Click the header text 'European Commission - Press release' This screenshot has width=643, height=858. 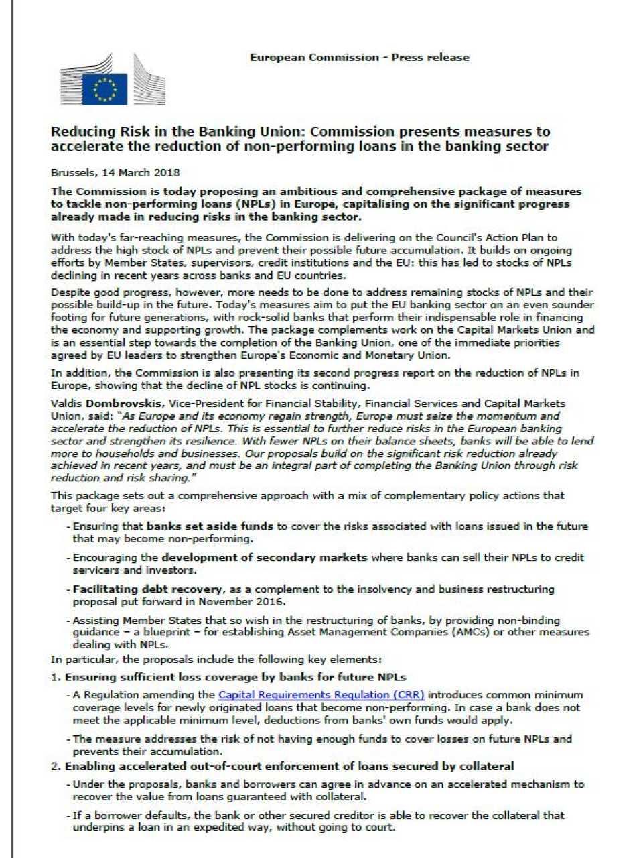pyautogui.click(x=359, y=57)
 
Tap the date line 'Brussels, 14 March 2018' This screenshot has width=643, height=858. pyautogui.click(x=115, y=172)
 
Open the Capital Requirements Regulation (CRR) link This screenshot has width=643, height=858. pyautogui.click(x=321, y=695)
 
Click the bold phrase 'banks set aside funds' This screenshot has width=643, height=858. pyautogui.click(x=210, y=526)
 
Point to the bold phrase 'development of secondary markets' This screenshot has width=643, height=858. pyautogui.click(x=264, y=557)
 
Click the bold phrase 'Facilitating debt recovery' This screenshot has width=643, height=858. pyautogui.click(x=147, y=589)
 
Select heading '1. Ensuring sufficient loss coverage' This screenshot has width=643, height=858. pyautogui.click(x=228, y=677)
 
